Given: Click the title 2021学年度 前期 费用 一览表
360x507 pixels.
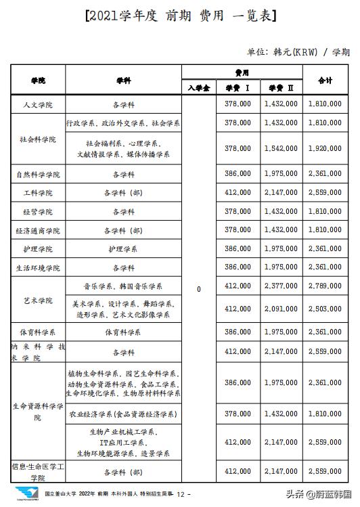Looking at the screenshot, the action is point(181,16).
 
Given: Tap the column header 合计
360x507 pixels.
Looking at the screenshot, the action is point(325,80).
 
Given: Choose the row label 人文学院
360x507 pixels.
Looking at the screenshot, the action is point(38,105).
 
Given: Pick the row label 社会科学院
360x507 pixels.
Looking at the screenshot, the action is point(38,139).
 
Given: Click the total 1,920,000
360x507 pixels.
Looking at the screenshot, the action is point(325,148).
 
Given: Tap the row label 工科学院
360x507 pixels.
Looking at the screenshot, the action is point(38,193).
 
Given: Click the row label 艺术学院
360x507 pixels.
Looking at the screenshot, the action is point(38,300).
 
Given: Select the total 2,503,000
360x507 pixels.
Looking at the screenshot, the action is point(325,309).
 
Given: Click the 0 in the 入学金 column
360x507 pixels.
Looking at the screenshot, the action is point(198,290).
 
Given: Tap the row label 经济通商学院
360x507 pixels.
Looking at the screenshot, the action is point(38,231).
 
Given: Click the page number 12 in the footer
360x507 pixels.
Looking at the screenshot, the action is point(181,495).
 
